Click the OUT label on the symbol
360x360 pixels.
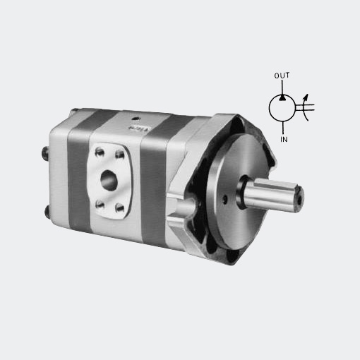coord(282,76)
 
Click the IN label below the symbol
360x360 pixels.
coord(284,139)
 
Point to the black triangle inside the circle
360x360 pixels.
coord(282,97)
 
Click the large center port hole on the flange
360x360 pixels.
coord(109,180)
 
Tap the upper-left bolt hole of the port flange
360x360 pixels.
coord(100,152)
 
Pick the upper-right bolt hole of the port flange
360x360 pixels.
coord(120,155)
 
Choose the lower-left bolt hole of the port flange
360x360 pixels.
coord(100,204)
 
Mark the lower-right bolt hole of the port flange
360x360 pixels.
coord(120,208)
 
